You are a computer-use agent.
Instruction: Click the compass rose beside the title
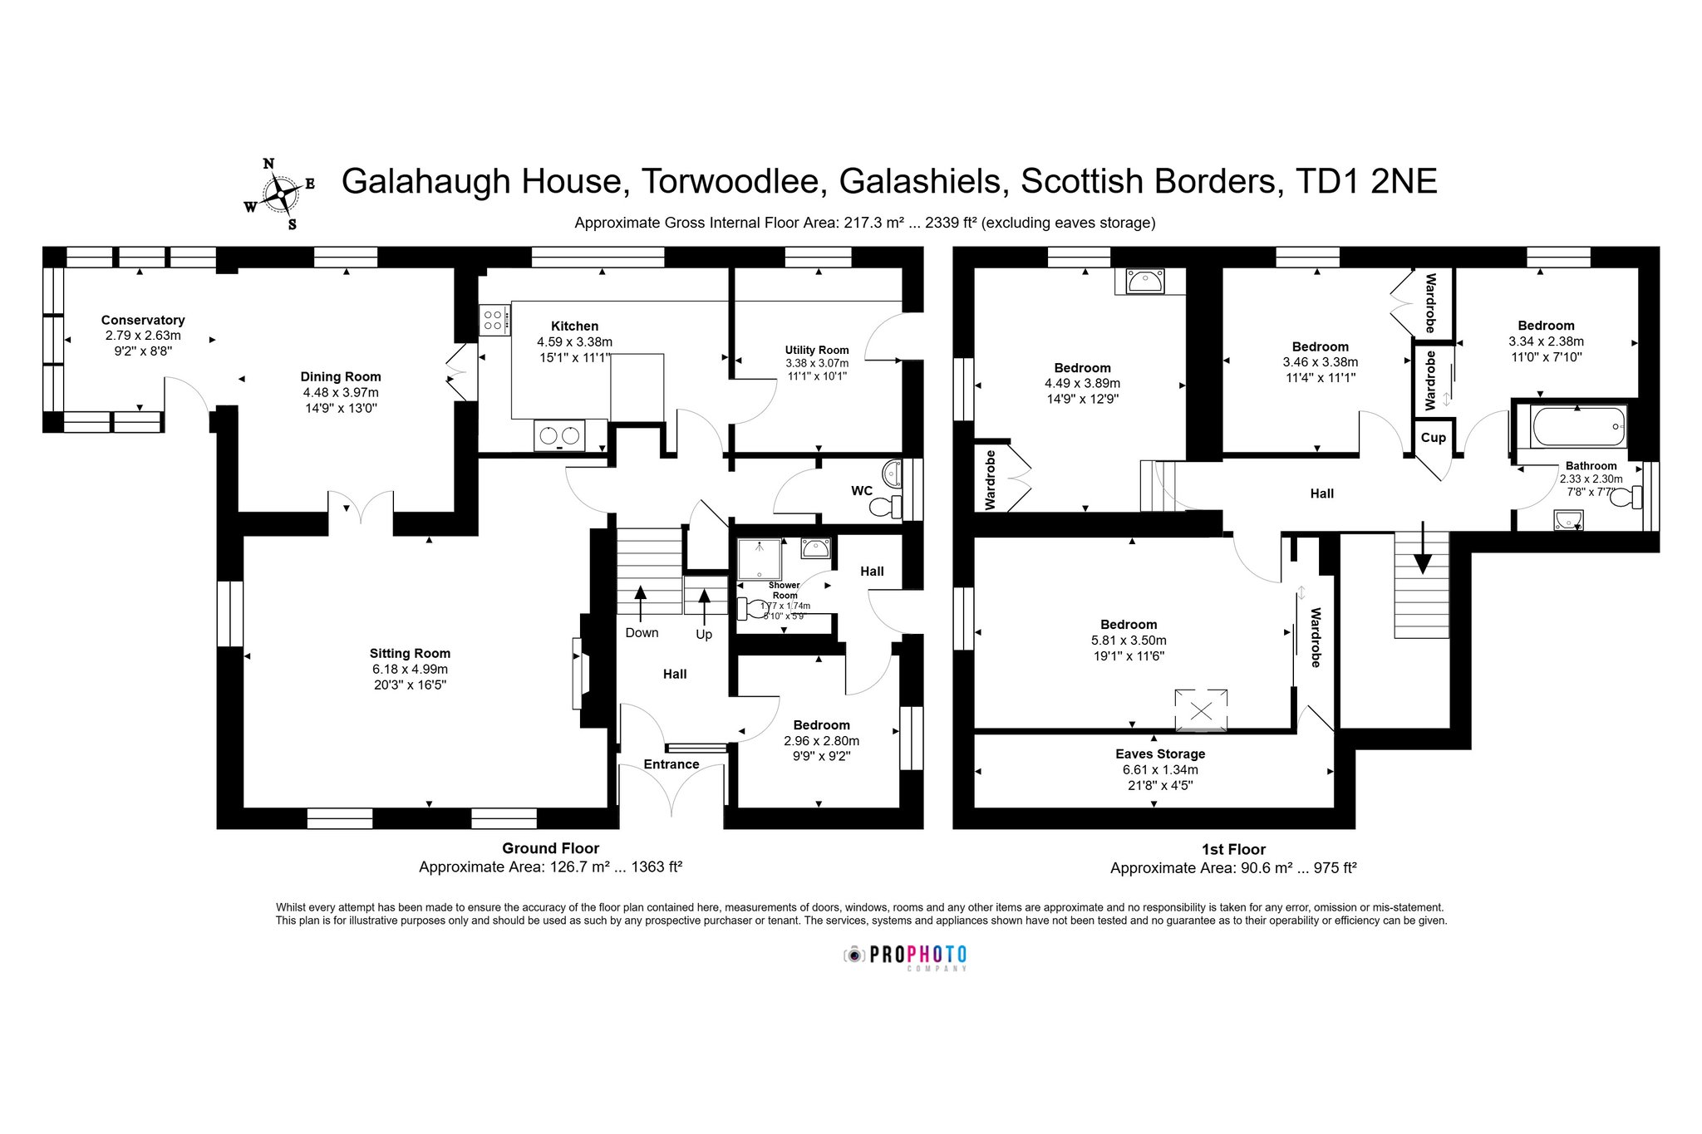[280, 194]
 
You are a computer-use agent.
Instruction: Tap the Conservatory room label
[143, 320]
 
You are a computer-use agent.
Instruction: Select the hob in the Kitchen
[494, 320]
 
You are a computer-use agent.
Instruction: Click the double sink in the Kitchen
[559, 435]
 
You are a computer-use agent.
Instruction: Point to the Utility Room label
[817, 350]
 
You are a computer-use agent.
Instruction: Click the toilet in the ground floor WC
[890, 506]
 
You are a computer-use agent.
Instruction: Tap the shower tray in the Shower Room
[759, 559]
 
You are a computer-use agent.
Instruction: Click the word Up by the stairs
[704, 635]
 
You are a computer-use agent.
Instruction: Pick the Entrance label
[671, 764]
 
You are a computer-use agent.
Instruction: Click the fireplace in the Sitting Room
[578, 673]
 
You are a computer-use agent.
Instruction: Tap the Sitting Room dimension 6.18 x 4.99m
[410, 669]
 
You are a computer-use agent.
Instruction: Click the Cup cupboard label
[1433, 438]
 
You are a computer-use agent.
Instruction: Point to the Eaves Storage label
[1160, 754]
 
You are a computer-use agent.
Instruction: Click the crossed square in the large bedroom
[1201, 710]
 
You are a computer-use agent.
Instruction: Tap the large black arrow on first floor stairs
[1424, 547]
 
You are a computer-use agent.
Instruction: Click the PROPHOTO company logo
[906, 956]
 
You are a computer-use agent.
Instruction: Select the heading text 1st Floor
[1233, 849]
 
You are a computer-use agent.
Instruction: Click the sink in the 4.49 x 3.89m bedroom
[1145, 282]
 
